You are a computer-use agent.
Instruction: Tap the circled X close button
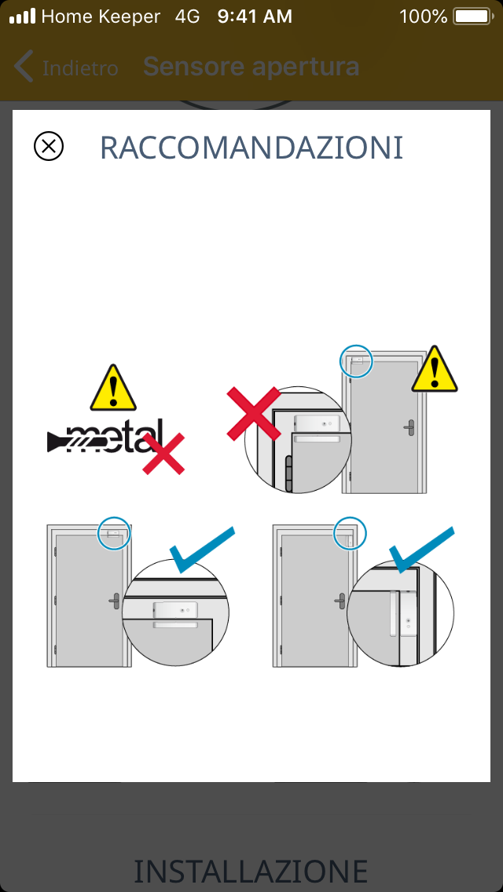click(49, 146)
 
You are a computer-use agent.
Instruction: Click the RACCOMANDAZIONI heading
click(251, 148)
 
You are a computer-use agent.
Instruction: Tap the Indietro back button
click(66, 68)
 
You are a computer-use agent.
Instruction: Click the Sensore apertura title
click(251, 67)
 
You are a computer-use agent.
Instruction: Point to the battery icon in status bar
click(472, 16)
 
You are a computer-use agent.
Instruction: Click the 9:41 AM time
click(255, 16)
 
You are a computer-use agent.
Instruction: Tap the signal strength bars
click(22, 16)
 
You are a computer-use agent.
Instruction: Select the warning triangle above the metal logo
click(113, 388)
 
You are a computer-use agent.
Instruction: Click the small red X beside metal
click(163, 453)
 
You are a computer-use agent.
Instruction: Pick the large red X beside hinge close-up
click(254, 414)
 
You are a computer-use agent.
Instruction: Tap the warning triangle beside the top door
click(435, 368)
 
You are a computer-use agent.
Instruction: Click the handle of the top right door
click(409, 426)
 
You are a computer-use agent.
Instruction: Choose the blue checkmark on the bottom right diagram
click(421, 550)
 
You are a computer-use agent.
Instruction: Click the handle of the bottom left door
click(115, 601)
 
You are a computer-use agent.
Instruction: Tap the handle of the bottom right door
click(340, 601)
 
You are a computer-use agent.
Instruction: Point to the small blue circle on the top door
click(355, 360)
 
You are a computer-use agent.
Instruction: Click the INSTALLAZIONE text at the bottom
click(251, 871)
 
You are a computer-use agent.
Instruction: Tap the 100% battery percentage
click(424, 16)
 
